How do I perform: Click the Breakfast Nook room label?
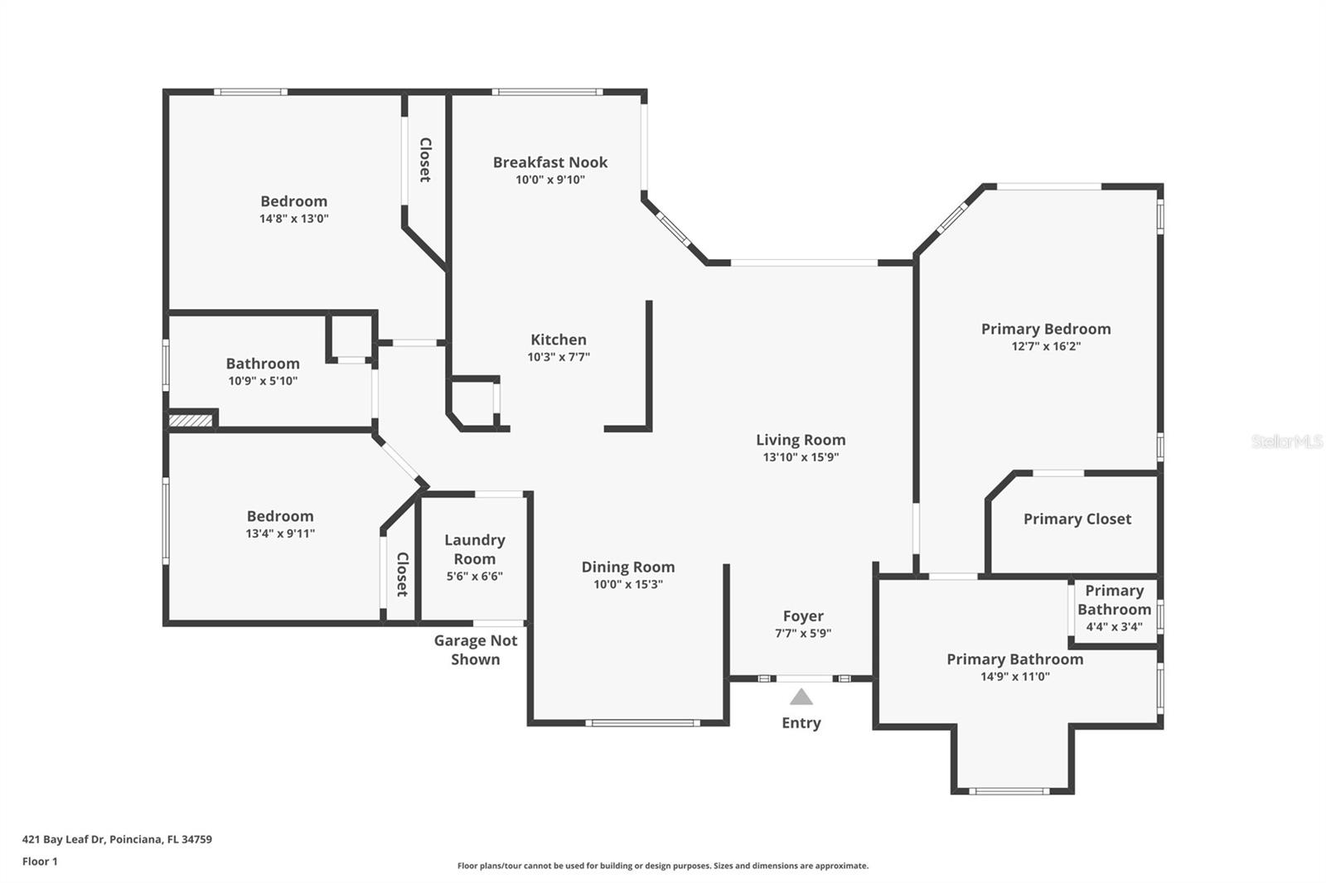[x=549, y=162]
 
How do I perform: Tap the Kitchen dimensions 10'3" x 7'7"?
[x=558, y=357]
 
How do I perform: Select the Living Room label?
[x=801, y=440]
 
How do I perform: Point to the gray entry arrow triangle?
[x=801, y=697]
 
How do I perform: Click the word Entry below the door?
[x=801, y=723]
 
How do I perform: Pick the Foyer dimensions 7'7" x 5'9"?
[x=802, y=634]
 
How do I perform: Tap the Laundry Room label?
[x=474, y=549]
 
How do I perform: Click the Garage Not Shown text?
[x=475, y=649]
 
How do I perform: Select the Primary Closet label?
[x=1077, y=519]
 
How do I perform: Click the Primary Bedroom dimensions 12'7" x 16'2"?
[x=1046, y=346]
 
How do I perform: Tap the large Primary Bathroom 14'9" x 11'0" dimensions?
[x=1014, y=677]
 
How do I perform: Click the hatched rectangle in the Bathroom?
[x=191, y=421]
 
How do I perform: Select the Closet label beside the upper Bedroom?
[x=425, y=160]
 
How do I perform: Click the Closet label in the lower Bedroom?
[x=402, y=574]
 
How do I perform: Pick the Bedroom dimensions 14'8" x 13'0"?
[x=293, y=219]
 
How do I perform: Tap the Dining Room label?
[x=627, y=567]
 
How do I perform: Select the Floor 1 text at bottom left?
[x=40, y=861]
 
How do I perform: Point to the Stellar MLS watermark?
[x=1286, y=442]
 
